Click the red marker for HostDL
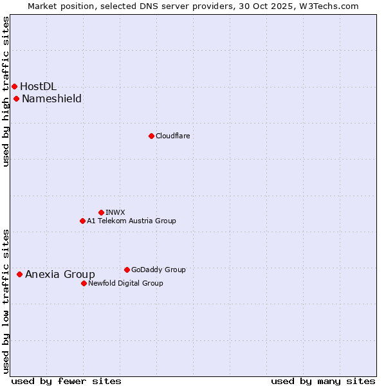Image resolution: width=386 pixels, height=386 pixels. pyautogui.click(x=14, y=86)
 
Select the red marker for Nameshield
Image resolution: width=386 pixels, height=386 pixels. pyautogui.click(x=17, y=98)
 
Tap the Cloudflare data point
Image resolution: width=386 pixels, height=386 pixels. pyautogui.click(x=151, y=136)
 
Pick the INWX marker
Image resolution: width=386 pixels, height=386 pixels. pyautogui.click(x=101, y=212)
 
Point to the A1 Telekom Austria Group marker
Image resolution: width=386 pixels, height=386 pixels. pyautogui.click(x=82, y=221)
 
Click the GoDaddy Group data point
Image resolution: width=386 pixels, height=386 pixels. pyautogui.click(x=127, y=270)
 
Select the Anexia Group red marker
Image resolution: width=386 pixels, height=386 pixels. pyautogui.click(x=20, y=274)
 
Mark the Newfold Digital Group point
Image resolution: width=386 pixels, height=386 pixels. pyautogui.click(x=84, y=283)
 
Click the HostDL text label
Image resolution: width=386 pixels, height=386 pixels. pyautogui.click(x=38, y=86)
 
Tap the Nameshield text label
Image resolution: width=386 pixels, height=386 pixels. pyautogui.click(x=51, y=98)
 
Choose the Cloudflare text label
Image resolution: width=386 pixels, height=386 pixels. pyautogui.click(x=172, y=136)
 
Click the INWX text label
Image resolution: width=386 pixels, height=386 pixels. pyautogui.click(x=115, y=212)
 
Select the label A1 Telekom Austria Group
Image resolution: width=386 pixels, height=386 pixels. pyautogui.click(x=131, y=221)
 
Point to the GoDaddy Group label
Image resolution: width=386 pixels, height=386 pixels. pyautogui.click(x=158, y=270)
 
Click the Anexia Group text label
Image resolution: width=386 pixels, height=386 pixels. pyautogui.click(x=60, y=274)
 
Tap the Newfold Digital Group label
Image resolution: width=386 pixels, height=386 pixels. pyautogui.click(x=125, y=283)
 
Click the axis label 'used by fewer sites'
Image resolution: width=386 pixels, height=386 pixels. pyautogui.click(x=66, y=381)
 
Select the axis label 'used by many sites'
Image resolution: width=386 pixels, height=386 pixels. pyautogui.click(x=323, y=381)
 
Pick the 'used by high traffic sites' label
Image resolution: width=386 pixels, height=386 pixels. pyautogui.click(x=6, y=91)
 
